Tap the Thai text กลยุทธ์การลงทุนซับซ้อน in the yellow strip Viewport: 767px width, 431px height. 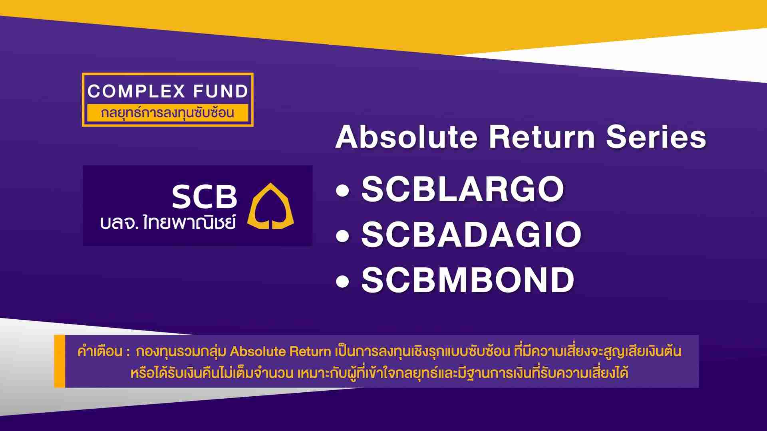(167, 113)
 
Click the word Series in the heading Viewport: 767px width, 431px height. (656, 137)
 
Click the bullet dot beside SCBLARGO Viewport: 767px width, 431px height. (342, 191)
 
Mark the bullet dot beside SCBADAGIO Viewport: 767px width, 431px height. (342, 236)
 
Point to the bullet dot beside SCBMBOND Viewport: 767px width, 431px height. (342, 282)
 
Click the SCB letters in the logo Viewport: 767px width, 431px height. (205, 197)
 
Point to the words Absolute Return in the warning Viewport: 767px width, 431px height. (280, 352)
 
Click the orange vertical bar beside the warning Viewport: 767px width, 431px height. (60, 361)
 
